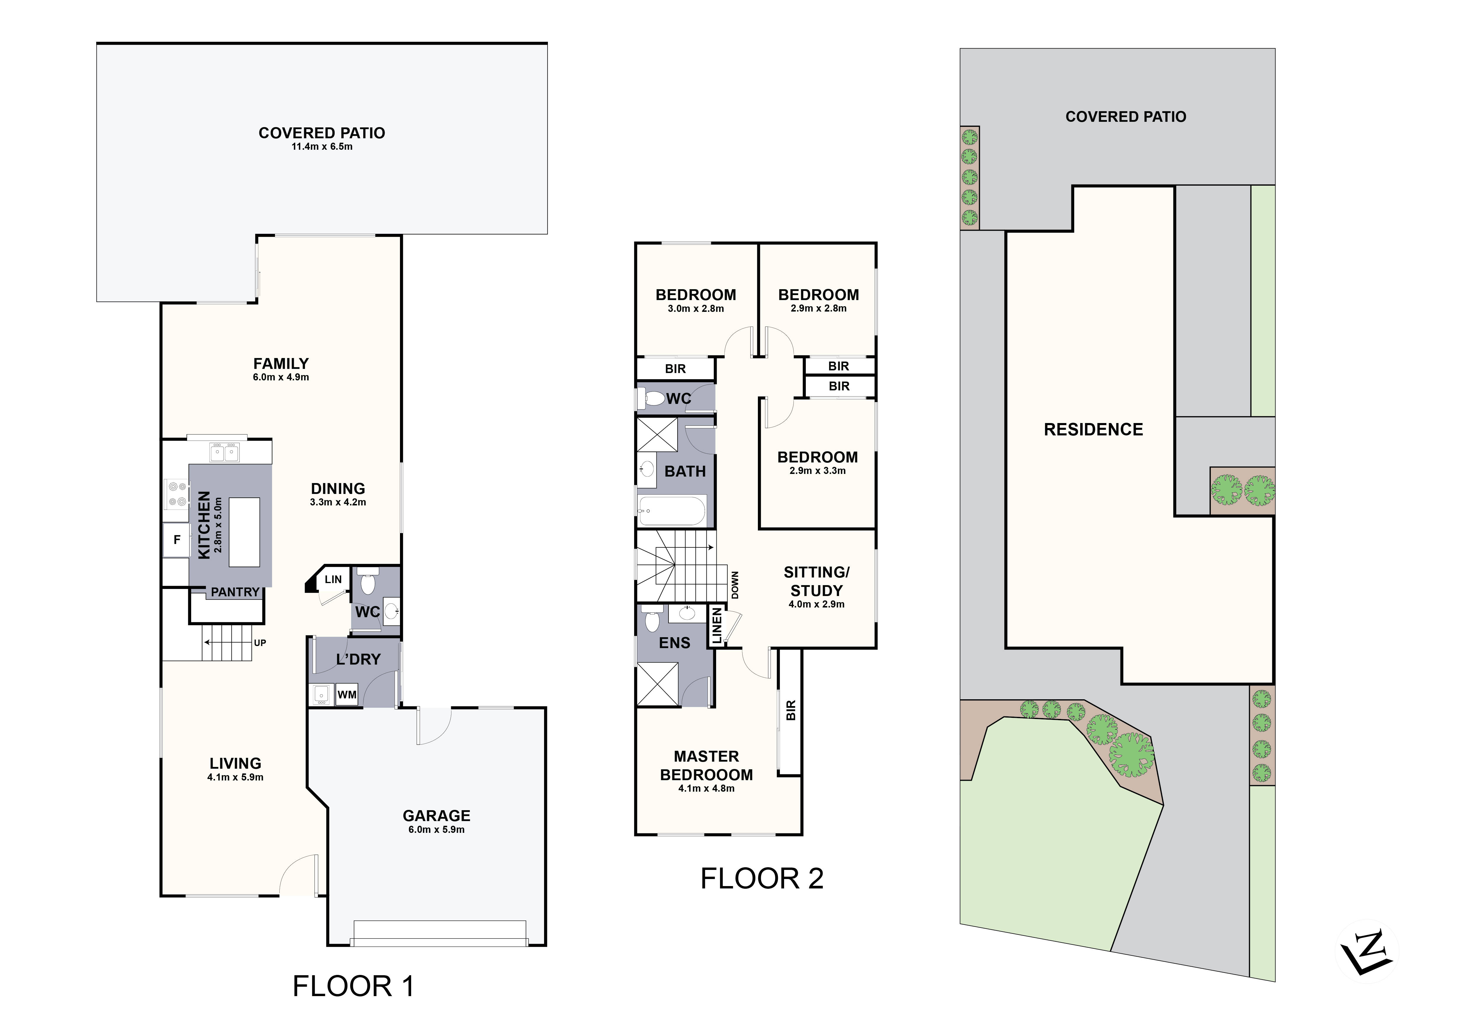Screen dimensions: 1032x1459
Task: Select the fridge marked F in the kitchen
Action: (x=177, y=540)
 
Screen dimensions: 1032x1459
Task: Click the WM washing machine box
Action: (x=346, y=695)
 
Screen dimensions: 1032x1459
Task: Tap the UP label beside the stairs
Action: (x=260, y=642)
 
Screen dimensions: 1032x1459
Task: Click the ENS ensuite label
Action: (x=674, y=643)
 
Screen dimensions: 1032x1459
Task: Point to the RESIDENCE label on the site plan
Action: (x=1093, y=430)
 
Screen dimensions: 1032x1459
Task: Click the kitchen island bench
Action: (x=244, y=532)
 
